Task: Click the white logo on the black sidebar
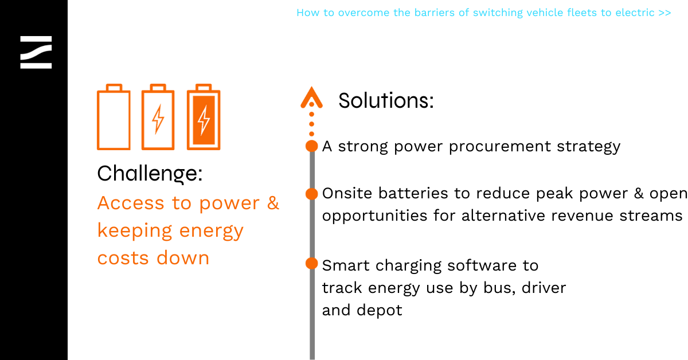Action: click(36, 52)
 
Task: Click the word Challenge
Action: click(150, 174)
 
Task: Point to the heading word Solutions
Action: click(386, 100)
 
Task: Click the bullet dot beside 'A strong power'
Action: click(312, 146)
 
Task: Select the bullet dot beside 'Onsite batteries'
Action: click(312, 194)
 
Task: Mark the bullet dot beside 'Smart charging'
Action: click(312, 264)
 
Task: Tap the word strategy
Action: click(589, 147)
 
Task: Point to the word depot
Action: click(380, 311)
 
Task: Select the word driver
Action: click(544, 288)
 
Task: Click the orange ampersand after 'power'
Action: click(273, 203)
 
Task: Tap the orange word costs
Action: click(123, 258)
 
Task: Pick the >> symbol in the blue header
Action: click(664, 13)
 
